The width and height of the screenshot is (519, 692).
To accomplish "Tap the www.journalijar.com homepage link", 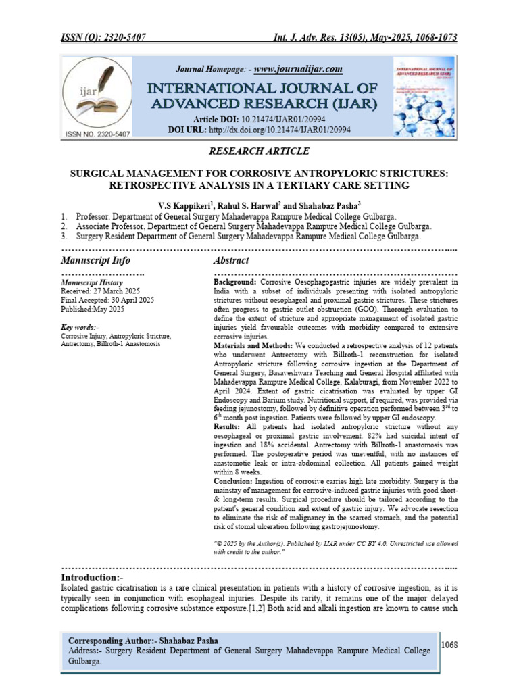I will click(298, 69).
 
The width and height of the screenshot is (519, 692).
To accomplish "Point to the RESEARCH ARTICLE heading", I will click(259, 151).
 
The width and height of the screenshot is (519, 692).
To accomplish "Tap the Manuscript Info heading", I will click(96, 260).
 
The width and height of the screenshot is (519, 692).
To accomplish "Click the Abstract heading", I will click(231, 260).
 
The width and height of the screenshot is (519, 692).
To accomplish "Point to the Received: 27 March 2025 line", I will click(100, 291).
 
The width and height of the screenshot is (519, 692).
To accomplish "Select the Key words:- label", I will click(80, 327).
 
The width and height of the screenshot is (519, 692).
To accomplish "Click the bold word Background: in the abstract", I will click(234, 280).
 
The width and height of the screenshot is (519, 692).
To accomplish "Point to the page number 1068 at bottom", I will click(449, 645).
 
